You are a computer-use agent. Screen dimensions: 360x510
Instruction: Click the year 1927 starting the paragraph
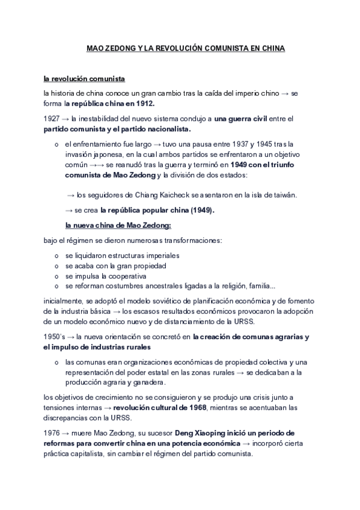pos(52,118)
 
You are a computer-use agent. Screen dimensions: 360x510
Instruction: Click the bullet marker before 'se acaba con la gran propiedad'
pos(56,265)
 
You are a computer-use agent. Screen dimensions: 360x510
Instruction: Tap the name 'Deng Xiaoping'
pos(202,433)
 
